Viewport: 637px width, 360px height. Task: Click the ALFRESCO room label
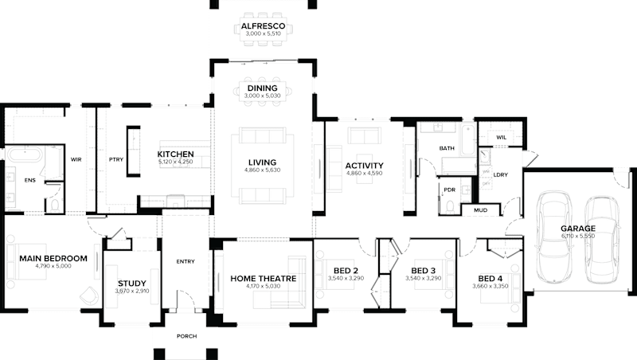(263, 26)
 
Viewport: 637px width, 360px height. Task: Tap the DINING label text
(263, 88)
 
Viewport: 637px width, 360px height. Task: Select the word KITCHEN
(176, 154)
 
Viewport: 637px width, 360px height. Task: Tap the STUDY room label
(132, 284)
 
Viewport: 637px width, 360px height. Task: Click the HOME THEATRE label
(264, 278)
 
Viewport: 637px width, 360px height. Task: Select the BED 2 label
(345, 271)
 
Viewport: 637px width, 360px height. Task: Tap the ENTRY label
(185, 260)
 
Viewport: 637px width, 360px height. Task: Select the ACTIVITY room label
(365, 165)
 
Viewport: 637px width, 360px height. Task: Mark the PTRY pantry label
(116, 159)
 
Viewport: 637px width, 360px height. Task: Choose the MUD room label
(480, 210)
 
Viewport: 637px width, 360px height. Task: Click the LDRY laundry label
(501, 174)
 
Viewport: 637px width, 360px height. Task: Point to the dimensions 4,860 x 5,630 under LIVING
(262, 170)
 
